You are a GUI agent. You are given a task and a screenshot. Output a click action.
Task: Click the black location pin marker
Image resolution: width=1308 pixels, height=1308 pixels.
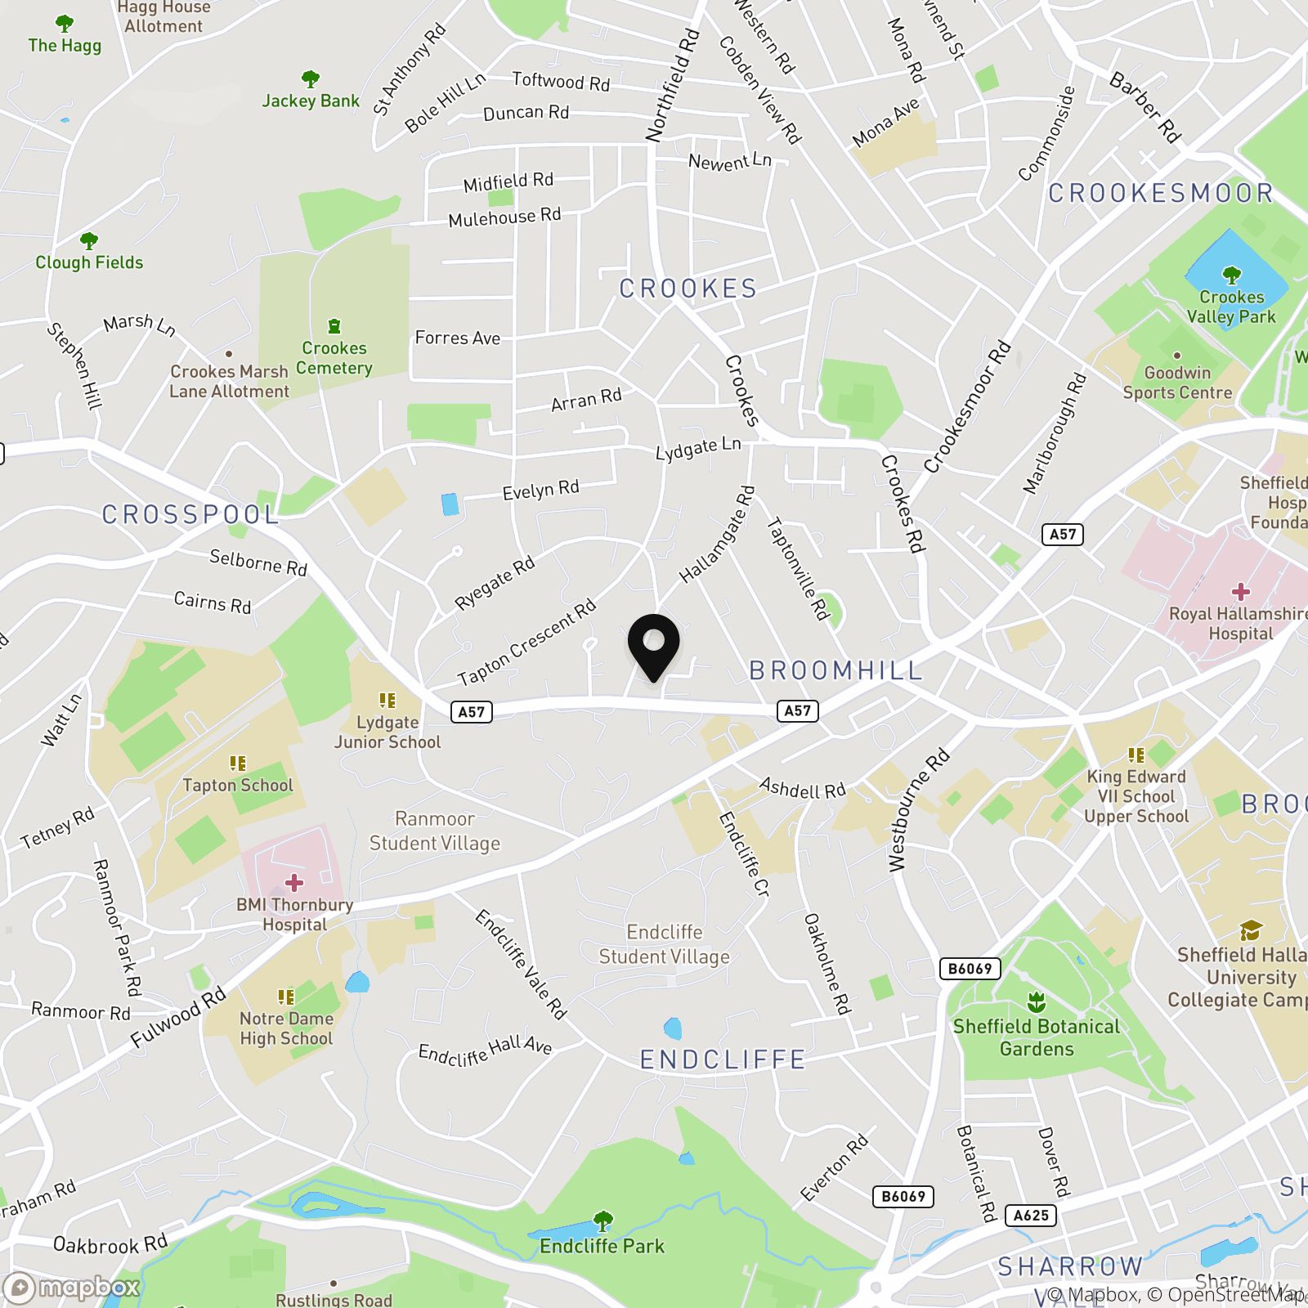click(x=653, y=645)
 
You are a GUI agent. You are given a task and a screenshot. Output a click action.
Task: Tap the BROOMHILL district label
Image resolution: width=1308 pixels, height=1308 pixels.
click(x=835, y=670)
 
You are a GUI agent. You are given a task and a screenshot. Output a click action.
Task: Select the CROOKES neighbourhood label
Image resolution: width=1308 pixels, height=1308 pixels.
click(x=688, y=289)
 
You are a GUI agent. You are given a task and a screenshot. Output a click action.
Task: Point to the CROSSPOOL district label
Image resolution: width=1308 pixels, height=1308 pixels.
click(x=190, y=514)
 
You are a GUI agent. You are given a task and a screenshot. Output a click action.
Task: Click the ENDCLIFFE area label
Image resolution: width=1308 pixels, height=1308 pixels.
click(x=723, y=1059)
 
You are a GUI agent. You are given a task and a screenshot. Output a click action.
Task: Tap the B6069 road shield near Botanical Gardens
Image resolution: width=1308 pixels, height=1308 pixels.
click(x=970, y=969)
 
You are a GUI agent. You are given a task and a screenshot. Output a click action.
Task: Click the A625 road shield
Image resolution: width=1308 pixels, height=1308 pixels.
click(x=1031, y=1216)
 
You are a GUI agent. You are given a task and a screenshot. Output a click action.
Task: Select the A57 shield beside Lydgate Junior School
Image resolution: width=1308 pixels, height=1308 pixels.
click(x=472, y=712)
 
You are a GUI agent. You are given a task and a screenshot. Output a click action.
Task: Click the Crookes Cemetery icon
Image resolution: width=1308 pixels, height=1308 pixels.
click(x=334, y=327)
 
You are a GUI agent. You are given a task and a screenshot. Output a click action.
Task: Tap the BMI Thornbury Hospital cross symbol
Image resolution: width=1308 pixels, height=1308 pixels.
click(x=294, y=883)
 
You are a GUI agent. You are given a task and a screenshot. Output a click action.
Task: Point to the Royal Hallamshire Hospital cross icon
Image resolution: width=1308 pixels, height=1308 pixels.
click(x=1240, y=592)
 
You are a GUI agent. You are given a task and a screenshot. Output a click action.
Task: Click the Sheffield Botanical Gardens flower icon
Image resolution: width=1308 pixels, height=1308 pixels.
click(x=1036, y=1002)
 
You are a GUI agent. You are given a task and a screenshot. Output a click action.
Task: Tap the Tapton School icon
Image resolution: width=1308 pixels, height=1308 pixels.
click(x=238, y=764)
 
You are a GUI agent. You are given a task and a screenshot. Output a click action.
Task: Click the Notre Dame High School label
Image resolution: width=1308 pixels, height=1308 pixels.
click(x=286, y=1028)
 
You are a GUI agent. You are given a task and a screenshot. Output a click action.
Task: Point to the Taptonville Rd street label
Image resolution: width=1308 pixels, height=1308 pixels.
click(x=798, y=567)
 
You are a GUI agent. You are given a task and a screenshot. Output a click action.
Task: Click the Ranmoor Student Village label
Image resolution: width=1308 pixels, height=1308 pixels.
click(x=434, y=831)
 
